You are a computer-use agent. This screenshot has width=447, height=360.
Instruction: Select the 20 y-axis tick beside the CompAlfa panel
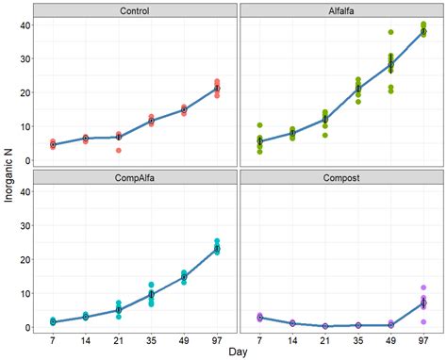25,259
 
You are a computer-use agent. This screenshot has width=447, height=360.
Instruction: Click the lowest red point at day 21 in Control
119,151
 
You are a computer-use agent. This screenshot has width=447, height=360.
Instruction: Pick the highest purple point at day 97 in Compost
423,287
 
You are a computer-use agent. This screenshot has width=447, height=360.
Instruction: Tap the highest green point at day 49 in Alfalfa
390,32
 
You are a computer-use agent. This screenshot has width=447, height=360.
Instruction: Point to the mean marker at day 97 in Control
217,88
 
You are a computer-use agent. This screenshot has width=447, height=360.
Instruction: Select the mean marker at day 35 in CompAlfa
151,294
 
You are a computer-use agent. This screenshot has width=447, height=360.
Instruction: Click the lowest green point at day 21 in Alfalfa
325,135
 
